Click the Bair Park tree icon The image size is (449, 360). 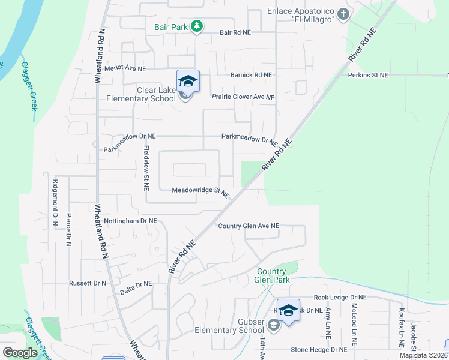point(196,26)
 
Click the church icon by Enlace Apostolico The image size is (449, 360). point(343,13)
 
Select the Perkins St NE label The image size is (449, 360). point(368,75)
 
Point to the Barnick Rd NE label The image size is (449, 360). point(251,75)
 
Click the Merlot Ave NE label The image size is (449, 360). point(125,68)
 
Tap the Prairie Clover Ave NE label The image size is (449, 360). point(243,97)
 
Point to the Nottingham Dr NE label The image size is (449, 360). point(130,221)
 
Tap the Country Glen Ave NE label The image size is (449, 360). point(249,226)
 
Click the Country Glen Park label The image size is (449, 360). point(274,275)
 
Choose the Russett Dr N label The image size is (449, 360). point(88,283)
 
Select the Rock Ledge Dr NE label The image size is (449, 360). point(340,297)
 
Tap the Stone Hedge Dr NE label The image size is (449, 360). point(319,349)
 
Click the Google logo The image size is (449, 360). point(20,353)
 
